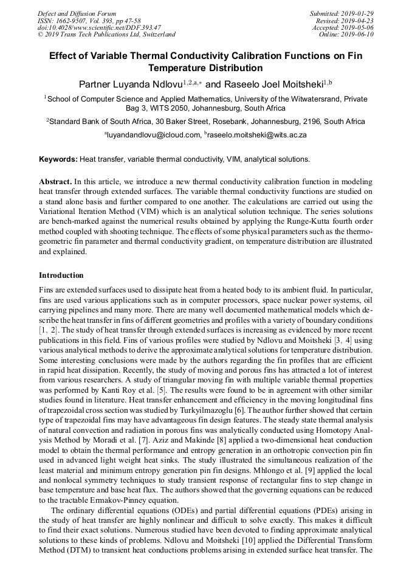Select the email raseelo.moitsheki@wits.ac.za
(258, 134)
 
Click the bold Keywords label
(58, 159)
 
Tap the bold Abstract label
(56, 181)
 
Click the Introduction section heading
(61, 275)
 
